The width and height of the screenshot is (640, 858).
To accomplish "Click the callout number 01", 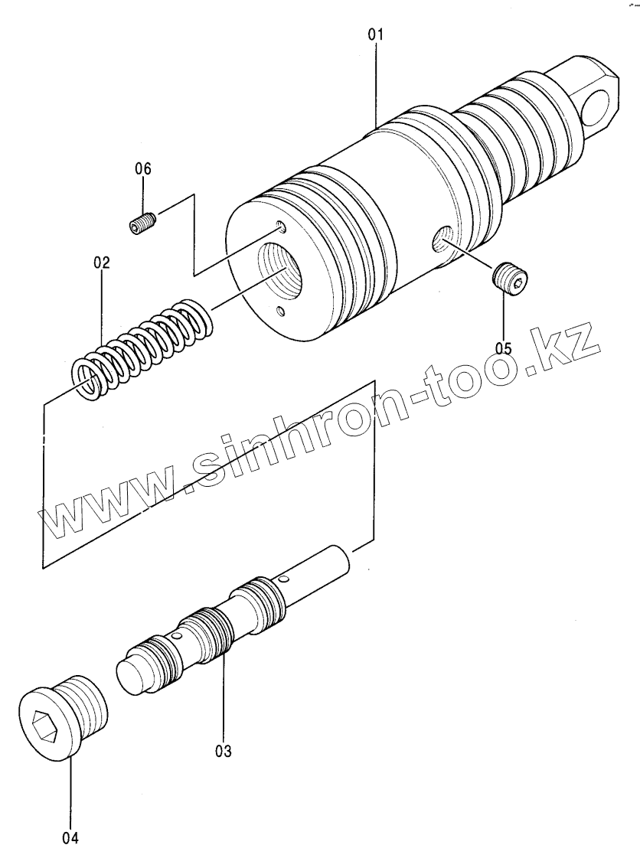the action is coord(376,35).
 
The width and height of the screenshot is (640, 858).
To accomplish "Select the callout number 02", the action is coord(102,263).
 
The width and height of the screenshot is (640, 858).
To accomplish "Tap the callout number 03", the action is coord(223,750).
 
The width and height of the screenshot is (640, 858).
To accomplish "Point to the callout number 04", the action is coord(70,837).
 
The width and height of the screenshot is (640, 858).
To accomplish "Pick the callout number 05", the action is coord(503,347).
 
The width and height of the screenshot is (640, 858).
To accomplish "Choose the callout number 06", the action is coord(144,169).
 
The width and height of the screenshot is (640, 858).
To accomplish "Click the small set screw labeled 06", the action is coord(142,224).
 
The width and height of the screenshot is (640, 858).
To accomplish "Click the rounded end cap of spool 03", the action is coord(133,673).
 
